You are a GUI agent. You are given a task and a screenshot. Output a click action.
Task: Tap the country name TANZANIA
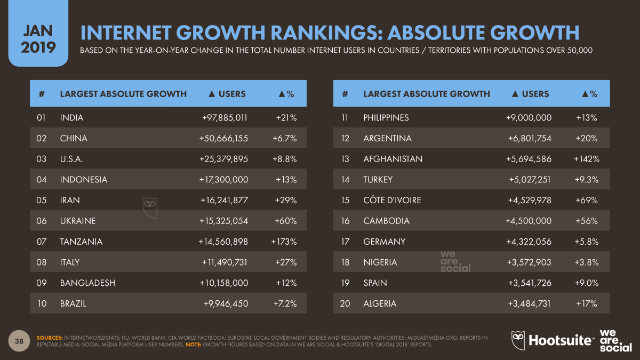(x=81, y=242)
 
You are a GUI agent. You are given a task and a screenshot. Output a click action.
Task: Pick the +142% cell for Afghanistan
(x=586, y=159)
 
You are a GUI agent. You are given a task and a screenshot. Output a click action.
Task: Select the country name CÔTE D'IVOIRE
(x=392, y=201)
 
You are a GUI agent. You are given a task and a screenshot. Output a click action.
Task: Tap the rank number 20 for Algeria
(x=345, y=303)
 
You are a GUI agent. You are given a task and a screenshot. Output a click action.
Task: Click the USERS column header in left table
(x=226, y=94)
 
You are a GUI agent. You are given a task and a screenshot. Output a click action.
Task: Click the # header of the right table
(x=345, y=94)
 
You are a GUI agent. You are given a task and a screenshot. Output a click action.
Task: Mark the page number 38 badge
(x=19, y=341)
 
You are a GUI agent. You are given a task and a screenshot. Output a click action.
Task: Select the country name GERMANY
(x=384, y=242)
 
